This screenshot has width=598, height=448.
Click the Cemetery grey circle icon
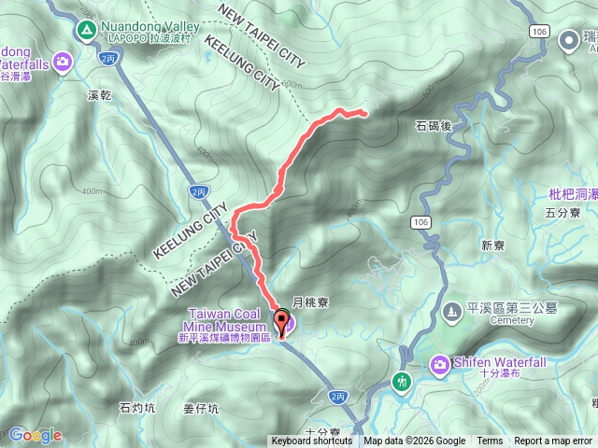452,310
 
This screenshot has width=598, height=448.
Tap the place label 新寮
492,245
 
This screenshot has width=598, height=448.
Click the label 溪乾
99,96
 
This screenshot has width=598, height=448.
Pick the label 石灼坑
137,407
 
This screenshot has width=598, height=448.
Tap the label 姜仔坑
201,408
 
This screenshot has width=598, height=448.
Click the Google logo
35,435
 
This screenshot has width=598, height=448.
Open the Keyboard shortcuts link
312,441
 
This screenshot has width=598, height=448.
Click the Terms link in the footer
490,441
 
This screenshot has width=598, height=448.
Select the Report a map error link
554,441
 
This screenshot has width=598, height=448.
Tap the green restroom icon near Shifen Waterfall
402,381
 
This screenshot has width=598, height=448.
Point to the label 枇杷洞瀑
573,194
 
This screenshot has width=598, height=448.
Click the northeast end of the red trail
364,114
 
